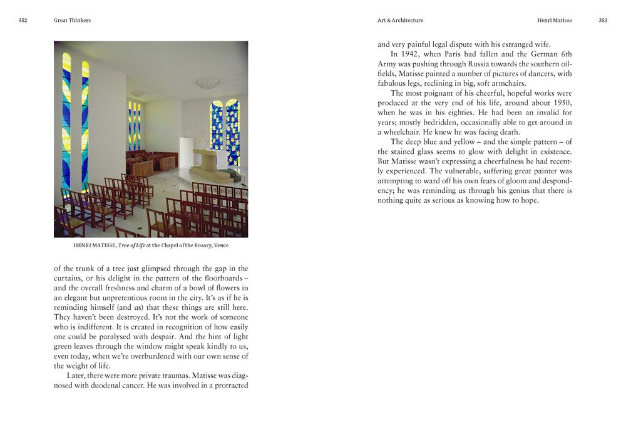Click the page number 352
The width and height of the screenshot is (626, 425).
[23, 20]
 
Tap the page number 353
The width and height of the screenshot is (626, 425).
[603, 20]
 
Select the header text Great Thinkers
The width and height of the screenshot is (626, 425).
[73, 20]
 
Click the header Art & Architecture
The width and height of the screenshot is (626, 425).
[400, 20]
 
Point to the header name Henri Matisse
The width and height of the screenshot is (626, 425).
[554, 20]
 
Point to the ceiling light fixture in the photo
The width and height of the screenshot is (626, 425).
[207, 83]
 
